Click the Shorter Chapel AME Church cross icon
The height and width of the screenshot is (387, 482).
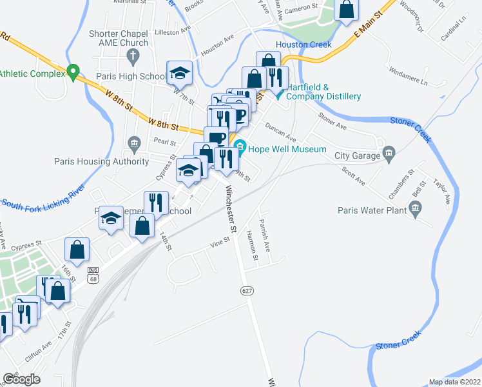tap(133, 56)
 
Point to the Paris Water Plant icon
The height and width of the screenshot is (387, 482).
tap(415, 209)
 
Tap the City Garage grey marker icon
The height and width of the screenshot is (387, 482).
tap(388, 154)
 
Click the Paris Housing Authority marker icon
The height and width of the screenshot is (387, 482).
tap(135, 143)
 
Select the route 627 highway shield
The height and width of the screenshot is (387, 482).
tap(247, 290)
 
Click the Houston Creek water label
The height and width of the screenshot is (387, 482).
tap(303, 45)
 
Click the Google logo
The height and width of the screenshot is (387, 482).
tap(21, 379)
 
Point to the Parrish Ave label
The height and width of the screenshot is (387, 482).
tap(264, 236)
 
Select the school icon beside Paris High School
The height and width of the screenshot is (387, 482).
tap(180, 73)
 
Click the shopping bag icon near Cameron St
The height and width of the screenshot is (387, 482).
tap(346, 10)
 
